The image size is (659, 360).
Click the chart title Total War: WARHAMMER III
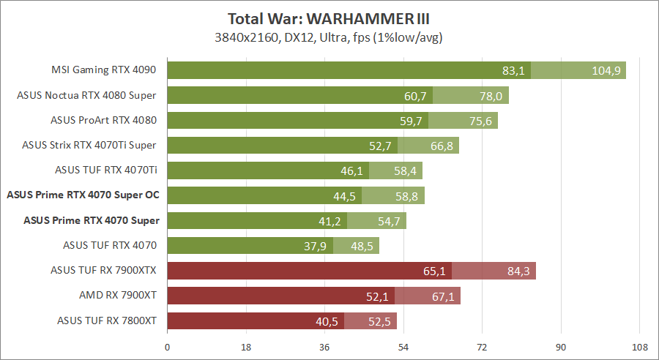[329, 18]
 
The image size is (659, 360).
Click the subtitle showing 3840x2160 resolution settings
[329, 37]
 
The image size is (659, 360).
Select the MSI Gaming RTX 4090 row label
[103, 70]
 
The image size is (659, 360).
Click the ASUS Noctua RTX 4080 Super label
[89, 95]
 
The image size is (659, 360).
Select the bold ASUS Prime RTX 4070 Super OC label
[83, 195]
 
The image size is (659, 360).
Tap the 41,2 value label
[330, 220]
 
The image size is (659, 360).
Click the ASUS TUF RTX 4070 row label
[111, 245]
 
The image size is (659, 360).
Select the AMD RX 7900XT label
[119, 295]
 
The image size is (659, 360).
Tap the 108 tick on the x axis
[639, 347]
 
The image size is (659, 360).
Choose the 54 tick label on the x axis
[403, 347]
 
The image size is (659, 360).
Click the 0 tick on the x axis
[168, 347]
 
